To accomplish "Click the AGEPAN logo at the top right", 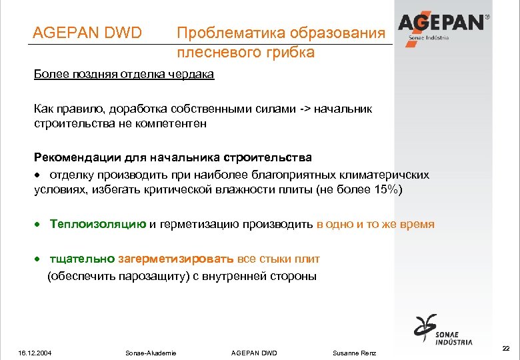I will [443, 25].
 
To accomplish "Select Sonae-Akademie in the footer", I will [151, 352].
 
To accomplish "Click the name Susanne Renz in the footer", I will [354, 352].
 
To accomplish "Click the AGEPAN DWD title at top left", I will [88, 32].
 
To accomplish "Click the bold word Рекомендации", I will [78, 157].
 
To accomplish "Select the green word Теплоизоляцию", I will [98, 224].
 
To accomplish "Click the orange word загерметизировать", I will [176, 259].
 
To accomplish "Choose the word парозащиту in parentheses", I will [147, 275].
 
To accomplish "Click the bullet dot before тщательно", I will [38, 259].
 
